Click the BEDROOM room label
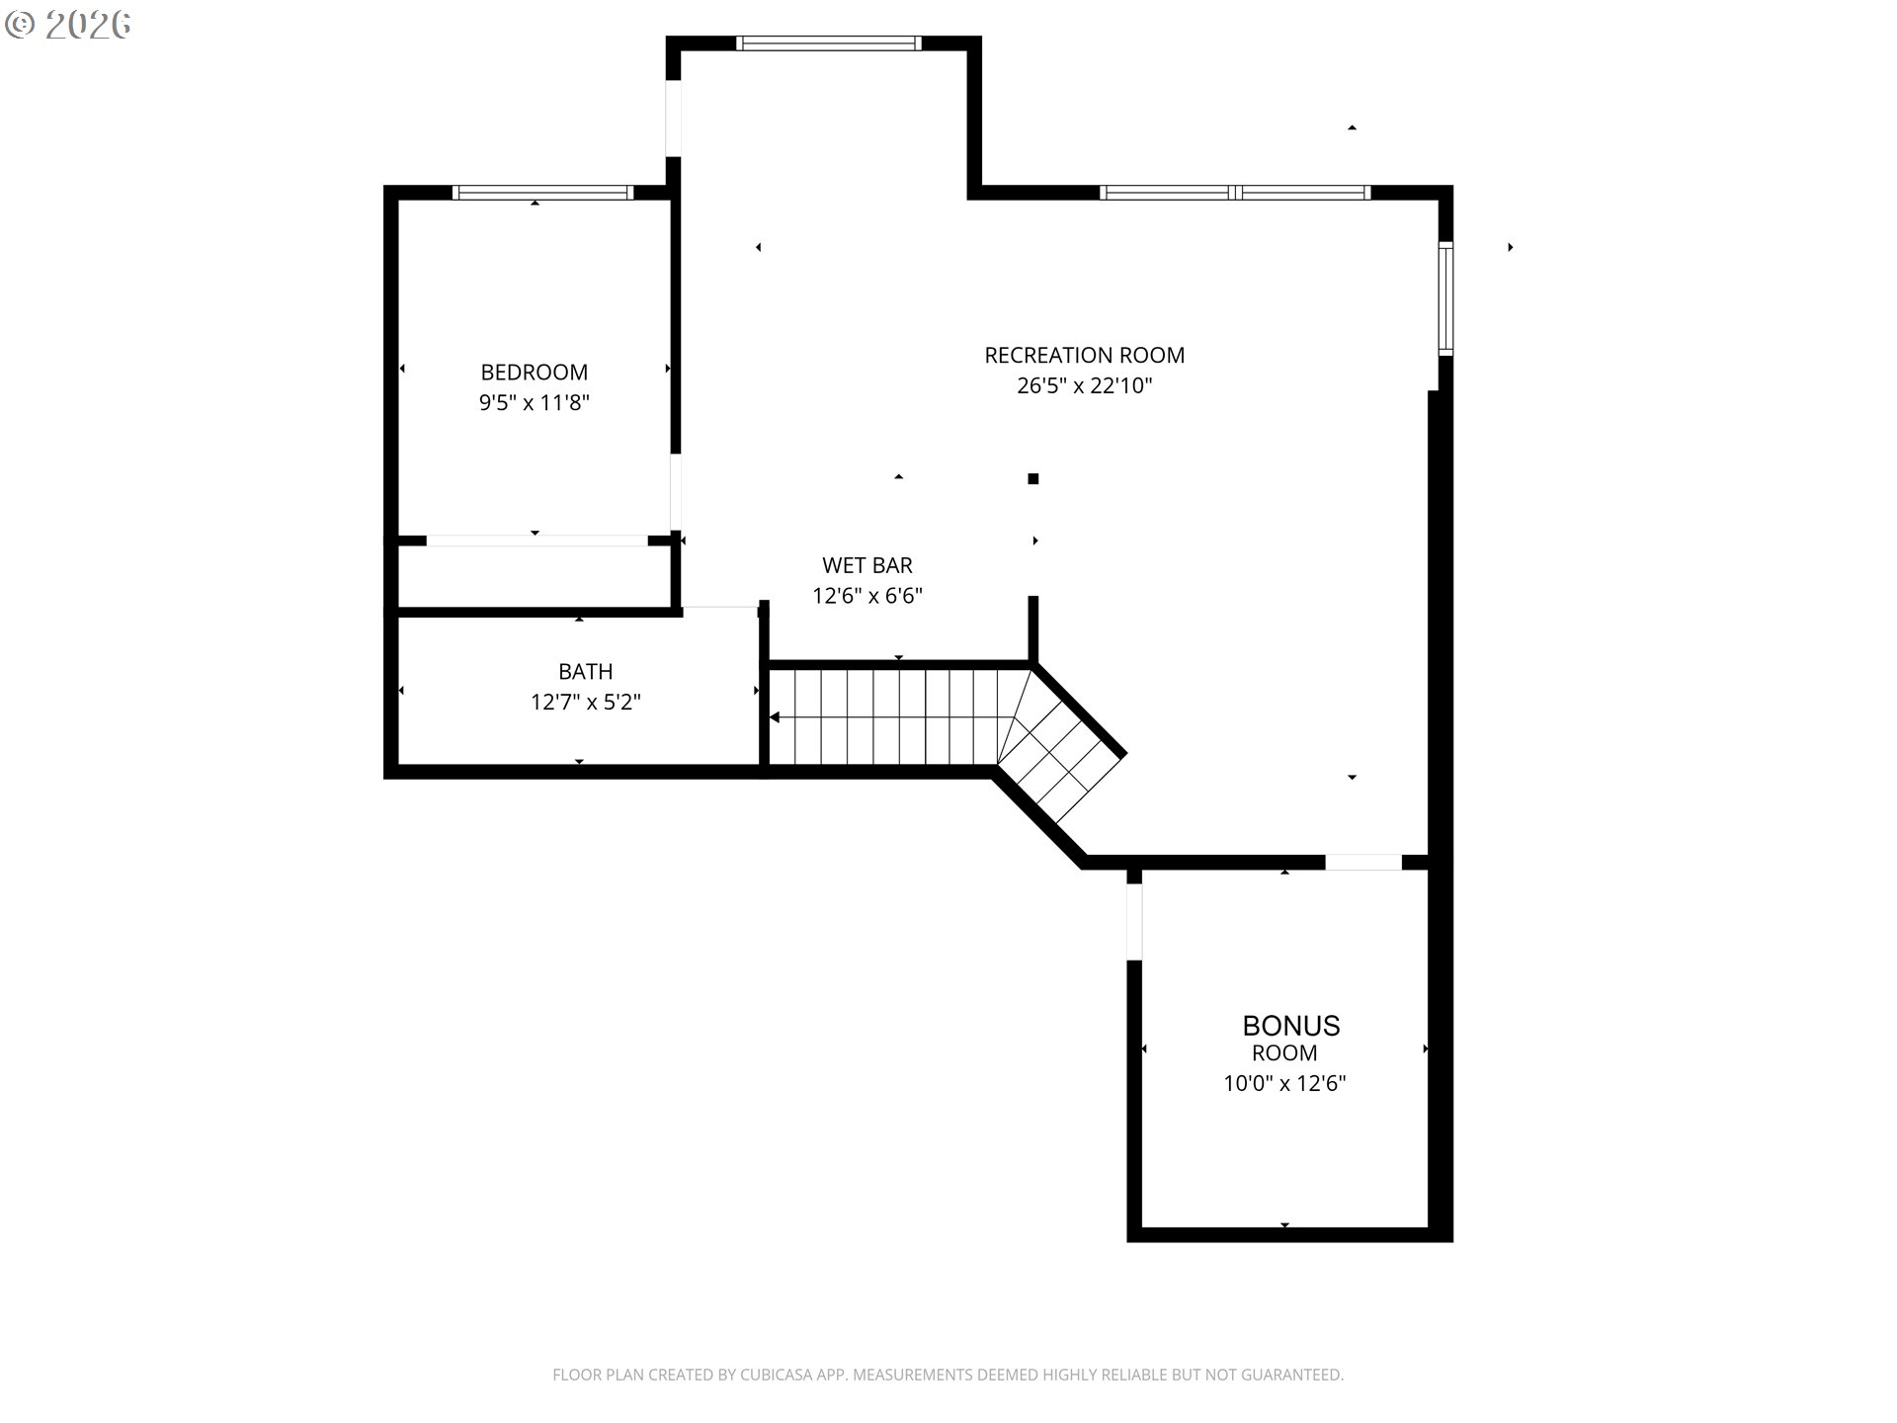click(x=534, y=373)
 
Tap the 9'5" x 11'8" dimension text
click(x=534, y=403)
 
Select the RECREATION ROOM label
click(x=1084, y=355)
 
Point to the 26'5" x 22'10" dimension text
click(x=1084, y=385)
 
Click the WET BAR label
click(x=866, y=565)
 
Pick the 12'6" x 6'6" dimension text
click(x=866, y=596)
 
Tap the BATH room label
click(x=585, y=672)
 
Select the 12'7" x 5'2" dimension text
click(x=585, y=703)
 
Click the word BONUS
click(x=1290, y=1025)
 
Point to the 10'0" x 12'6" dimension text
click(x=1284, y=1083)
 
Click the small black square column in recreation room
click(x=1032, y=479)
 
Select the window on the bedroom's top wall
click(x=542, y=193)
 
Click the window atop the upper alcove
click(x=828, y=43)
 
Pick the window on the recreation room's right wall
click(x=1444, y=298)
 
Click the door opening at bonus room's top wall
click(x=1362, y=863)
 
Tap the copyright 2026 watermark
click(x=67, y=25)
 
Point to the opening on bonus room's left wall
click(x=1134, y=921)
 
